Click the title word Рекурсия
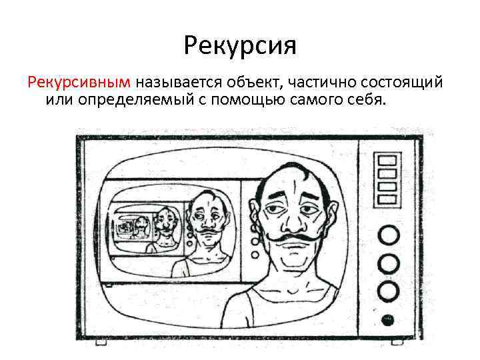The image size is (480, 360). point(239,47)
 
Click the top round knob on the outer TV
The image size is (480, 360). point(388,235)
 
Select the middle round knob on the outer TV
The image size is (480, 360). point(388,263)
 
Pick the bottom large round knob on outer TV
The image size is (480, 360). point(388,291)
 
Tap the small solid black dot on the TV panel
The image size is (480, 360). point(388,318)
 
